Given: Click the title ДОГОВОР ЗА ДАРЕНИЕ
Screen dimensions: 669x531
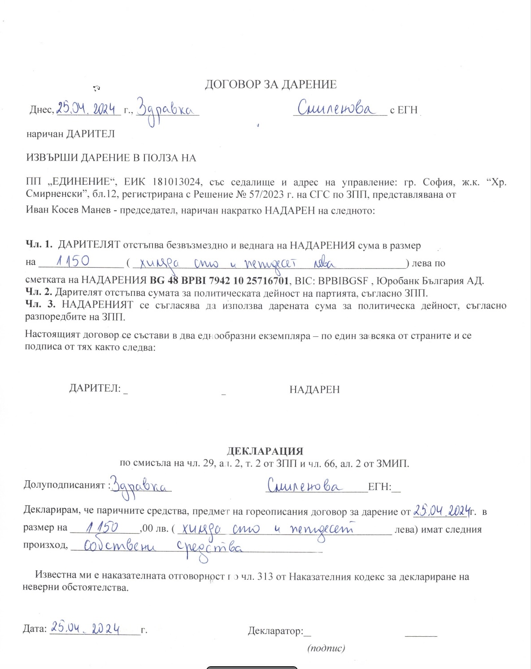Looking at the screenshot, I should click(270, 84).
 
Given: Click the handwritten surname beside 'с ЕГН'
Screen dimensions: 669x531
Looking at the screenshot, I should click(336, 109).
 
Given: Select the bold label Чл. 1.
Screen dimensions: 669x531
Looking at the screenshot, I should click(39, 245).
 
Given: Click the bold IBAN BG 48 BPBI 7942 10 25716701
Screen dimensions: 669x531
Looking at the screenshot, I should click(219, 281).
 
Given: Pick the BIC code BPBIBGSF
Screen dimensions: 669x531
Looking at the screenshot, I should click(343, 281).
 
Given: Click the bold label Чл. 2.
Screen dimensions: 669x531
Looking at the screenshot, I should click(39, 293).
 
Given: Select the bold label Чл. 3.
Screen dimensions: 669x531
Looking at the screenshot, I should click(40, 305).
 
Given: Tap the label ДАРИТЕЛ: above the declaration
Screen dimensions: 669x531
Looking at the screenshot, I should click(95, 388).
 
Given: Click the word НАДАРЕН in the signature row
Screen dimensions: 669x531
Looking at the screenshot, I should click(314, 390).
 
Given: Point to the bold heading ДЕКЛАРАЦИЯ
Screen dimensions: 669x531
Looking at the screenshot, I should click(265, 451).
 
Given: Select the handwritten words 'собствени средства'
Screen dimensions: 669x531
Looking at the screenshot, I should click(164, 547).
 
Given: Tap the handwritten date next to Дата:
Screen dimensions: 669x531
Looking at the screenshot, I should click(85, 628).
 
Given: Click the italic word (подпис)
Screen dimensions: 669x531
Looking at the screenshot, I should click(326, 648).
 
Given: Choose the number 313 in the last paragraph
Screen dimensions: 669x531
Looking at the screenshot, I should click(265, 577).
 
